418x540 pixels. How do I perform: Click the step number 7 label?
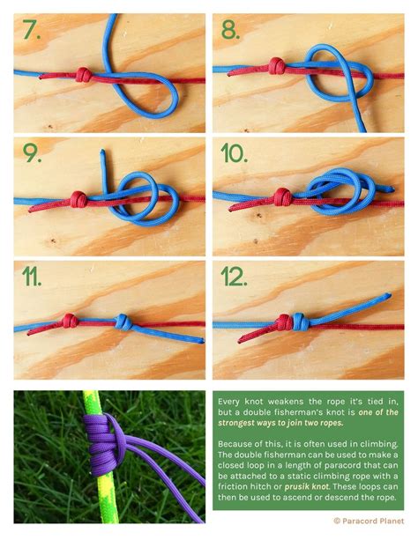click(x=32, y=29)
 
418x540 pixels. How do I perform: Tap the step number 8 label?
click(x=230, y=29)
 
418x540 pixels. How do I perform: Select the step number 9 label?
click(x=32, y=153)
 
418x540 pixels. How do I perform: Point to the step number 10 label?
click(x=235, y=153)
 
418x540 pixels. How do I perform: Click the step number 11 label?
click(x=32, y=277)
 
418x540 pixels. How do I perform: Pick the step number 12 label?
click(x=235, y=277)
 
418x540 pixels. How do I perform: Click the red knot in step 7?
click(x=84, y=74)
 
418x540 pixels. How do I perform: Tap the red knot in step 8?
click(x=277, y=66)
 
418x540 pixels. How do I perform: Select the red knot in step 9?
click(x=78, y=199)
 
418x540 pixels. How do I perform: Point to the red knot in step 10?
click(x=283, y=197)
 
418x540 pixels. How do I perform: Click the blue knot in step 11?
click(x=123, y=322)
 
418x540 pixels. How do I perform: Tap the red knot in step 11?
click(x=70, y=321)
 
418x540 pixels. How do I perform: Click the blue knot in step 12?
click(x=299, y=322)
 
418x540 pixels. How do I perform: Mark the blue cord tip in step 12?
click(x=389, y=295)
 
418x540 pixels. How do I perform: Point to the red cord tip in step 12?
click(x=240, y=341)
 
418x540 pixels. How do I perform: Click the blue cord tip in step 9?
click(x=102, y=151)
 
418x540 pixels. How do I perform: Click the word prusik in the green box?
click(x=295, y=486)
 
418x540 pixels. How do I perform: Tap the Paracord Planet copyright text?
click(x=369, y=521)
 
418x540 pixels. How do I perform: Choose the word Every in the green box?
click(x=229, y=402)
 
